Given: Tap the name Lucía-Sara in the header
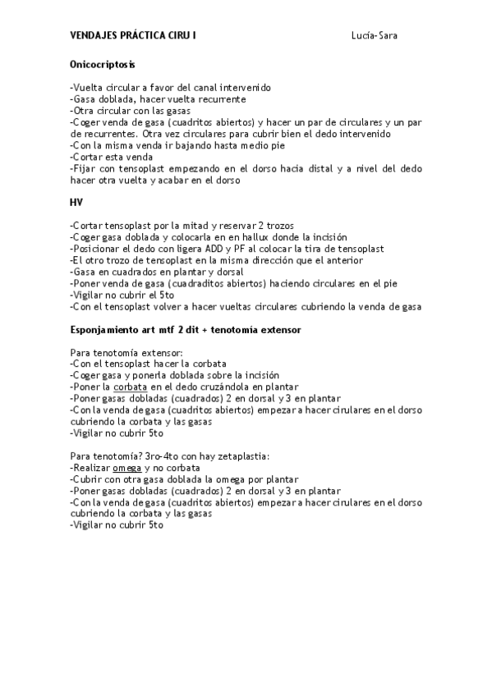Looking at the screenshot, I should pos(375,36).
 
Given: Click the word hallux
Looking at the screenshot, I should pos(252,236).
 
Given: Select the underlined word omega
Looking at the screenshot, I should pos(126,467).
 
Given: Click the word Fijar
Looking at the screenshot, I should pos(84,168).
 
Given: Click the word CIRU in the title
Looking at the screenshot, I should pos(179,36).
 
